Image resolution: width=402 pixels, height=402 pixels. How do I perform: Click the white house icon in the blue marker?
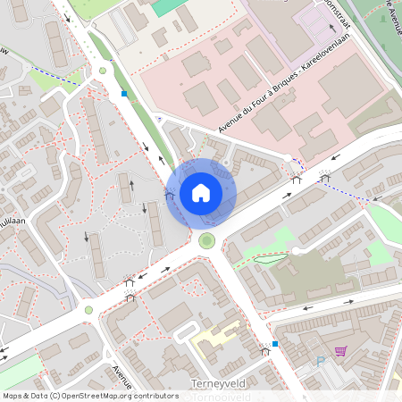coord(201,192)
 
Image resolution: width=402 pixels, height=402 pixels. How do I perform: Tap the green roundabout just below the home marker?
coord(207,239)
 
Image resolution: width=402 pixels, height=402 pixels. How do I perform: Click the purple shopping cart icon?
coord(340,351)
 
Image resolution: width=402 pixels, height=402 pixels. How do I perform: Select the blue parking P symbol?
coord(321,363)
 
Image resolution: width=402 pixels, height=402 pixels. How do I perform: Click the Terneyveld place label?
coord(217,383)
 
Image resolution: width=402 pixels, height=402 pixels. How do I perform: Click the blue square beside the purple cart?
coord(276,343)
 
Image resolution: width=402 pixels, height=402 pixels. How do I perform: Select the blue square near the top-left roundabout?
coord(124,93)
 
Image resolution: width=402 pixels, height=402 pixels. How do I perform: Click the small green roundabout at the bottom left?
coord(88,310)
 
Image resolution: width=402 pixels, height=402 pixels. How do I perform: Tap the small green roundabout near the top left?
coord(103,70)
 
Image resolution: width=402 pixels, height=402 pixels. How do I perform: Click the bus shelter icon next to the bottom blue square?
coord(264,350)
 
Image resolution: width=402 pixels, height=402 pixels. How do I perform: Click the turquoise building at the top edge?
coord(170,6)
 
